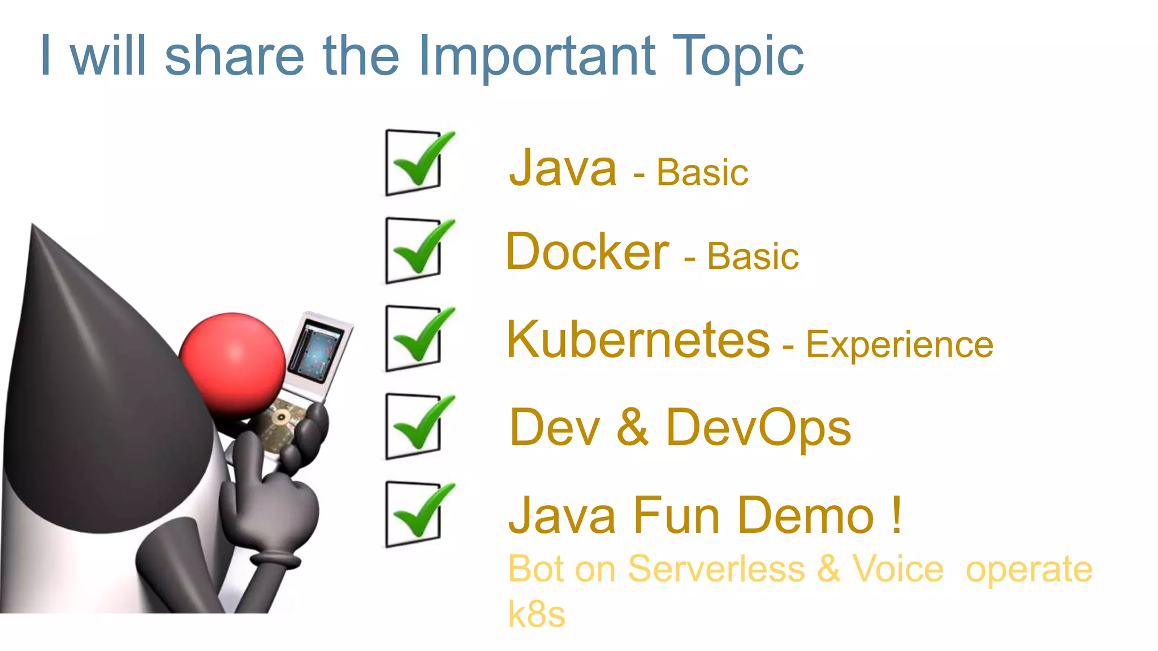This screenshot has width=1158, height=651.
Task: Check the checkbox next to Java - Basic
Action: (414, 163)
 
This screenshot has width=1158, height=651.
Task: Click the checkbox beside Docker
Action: (414, 250)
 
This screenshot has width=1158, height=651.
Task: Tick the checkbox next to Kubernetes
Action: (414, 338)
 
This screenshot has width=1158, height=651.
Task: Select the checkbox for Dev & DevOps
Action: (414, 427)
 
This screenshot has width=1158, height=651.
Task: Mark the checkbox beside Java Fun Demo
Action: (414, 514)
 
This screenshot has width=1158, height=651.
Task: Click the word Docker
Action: (587, 252)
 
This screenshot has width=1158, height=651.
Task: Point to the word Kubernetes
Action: (638, 340)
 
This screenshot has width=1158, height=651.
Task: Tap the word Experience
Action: (899, 345)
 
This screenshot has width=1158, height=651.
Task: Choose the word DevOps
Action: (758, 428)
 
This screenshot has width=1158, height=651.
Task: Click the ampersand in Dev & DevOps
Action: (632, 428)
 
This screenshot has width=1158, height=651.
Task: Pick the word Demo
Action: (806, 515)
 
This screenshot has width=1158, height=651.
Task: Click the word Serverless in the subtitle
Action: (716, 568)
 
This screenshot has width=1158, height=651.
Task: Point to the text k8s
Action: (536, 614)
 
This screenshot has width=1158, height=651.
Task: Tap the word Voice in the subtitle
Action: (898, 568)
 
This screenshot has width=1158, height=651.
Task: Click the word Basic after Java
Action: (702, 173)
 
